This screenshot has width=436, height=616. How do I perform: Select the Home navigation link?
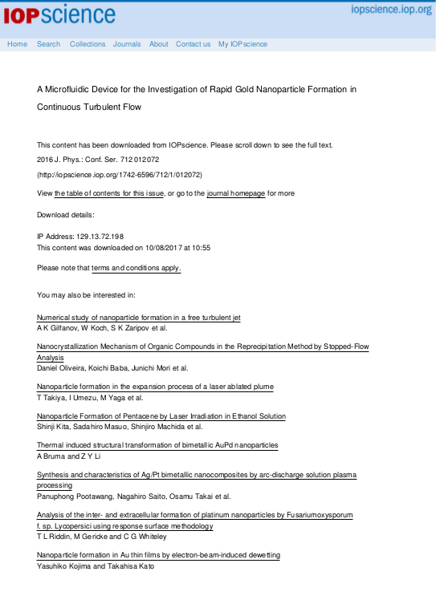(x=17, y=44)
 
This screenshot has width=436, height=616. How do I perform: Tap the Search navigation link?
(x=48, y=44)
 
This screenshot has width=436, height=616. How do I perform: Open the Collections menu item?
(x=87, y=44)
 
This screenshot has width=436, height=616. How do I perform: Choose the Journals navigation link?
(x=127, y=44)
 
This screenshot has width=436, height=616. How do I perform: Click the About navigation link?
(x=159, y=44)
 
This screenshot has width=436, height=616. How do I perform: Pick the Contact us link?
(x=193, y=44)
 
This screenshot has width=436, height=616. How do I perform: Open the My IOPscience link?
(x=243, y=44)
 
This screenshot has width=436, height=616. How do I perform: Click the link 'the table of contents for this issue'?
(x=109, y=193)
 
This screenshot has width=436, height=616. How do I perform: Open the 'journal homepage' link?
(x=236, y=193)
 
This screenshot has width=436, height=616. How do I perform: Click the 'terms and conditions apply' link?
(x=136, y=267)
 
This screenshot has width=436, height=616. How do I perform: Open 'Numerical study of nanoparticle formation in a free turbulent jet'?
(x=139, y=318)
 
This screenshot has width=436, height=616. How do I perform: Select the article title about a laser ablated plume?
(x=155, y=387)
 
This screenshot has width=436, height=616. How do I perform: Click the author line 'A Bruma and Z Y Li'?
(x=70, y=456)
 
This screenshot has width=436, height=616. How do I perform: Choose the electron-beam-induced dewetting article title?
(x=159, y=555)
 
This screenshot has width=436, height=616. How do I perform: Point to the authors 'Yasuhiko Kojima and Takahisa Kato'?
(x=95, y=566)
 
